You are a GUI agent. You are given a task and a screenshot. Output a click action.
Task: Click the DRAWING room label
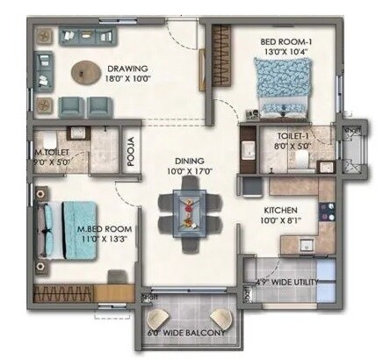(126, 68)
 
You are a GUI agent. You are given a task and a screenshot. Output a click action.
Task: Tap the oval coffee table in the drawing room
(86, 70)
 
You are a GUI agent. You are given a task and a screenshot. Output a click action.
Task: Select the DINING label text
(189, 162)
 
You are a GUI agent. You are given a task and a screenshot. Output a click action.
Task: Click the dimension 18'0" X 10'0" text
(126, 80)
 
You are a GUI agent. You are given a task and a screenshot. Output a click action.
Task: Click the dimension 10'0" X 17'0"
(189, 172)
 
